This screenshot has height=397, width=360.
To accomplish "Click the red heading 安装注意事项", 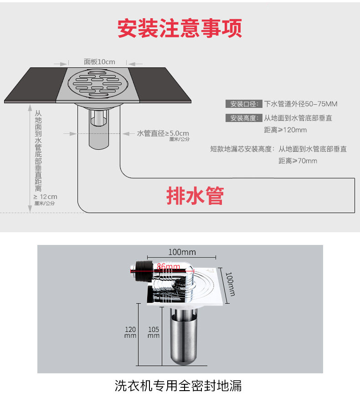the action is pyautogui.click(x=180, y=28).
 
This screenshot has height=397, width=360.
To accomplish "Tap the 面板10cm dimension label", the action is pyautogui.click(x=99, y=62).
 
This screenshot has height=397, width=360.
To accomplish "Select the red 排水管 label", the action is pyautogui.click(x=195, y=195).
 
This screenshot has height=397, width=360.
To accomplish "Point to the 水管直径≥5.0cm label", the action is pyautogui.click(x=163, y=133).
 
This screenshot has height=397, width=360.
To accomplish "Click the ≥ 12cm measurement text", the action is pyautogui.click(x=46, y=197).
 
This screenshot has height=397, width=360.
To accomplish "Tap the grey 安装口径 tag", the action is pyautogui.click(x=244, y=104).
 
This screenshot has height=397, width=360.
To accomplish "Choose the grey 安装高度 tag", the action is pyautogui.click(x=244, y=118).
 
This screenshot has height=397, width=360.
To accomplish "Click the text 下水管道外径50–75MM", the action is pyautogui.click(x=301, y=104).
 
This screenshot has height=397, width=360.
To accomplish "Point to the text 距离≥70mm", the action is pyautogui.click(x=298, y=161).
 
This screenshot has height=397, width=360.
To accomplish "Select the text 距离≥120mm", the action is pyautogui.click(x=286, y=130).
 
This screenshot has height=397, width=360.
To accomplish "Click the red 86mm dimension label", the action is pyautogui.click(x=169, y=266).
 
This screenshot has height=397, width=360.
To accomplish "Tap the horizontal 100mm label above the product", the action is pyautogui.click(x=182, y=252).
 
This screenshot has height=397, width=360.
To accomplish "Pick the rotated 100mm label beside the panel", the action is pyautogui.click(x=230, y=284).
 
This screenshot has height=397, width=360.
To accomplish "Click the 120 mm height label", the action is pyautogui.click(x=130, y=332).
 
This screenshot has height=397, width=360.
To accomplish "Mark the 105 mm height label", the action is pyautogui.click(x=154, y=332).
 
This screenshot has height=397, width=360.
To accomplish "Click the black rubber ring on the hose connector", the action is pyautogui.click(x=144, y=271).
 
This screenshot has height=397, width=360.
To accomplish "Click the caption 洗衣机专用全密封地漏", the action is pyautogui.click(x=178, y=386).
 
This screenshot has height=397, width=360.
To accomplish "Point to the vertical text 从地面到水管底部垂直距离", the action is pyautogui.click(x=38, y=151).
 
